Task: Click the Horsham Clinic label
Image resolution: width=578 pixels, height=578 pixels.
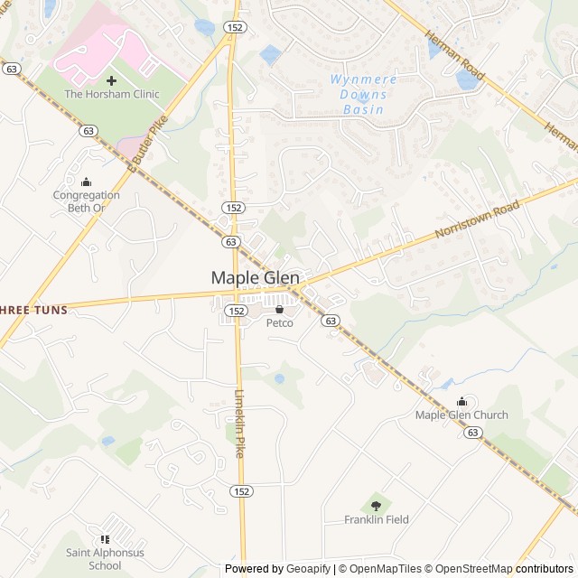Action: click(x=111, y=94)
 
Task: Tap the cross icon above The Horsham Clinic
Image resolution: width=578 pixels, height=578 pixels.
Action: click(x=111, y=80)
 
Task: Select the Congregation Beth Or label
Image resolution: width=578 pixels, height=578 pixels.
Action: click(x=86, y=201)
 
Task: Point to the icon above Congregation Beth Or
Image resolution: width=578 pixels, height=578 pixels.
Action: click(x=86, y=182)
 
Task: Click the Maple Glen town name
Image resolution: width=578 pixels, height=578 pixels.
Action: click(x=256, y=278)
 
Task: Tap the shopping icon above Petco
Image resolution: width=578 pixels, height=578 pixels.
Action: click(x=279, y=310)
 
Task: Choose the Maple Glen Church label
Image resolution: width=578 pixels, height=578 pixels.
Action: click(x=461, y=415)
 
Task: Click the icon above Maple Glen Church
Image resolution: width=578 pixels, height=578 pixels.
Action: click(x=461, y=402)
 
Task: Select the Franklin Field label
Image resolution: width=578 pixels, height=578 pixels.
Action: click(x=376, y=519)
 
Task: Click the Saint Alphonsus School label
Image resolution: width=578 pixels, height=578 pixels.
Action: click(x=106, y=559)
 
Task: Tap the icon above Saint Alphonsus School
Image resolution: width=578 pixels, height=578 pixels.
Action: click(x=106, y=540)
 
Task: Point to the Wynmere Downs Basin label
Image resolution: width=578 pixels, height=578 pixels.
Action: click(x=358, y=94)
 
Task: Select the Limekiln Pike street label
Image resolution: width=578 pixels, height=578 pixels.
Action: click(x=240, y=423)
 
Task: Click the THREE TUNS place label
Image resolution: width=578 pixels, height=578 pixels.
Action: click(x=34, y=310)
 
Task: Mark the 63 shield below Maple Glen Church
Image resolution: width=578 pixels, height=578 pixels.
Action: click(x=472, y=433)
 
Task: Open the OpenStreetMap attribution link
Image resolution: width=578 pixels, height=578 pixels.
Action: click(x=468, y=569)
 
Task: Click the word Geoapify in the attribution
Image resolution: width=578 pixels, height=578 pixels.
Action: click(x=308, y=569)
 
